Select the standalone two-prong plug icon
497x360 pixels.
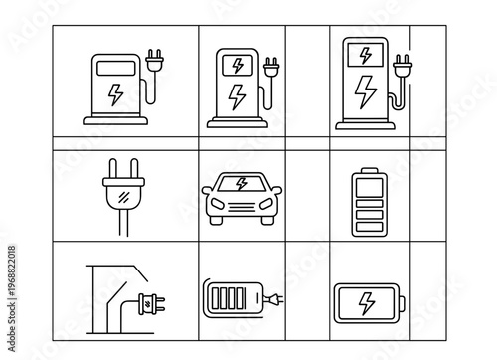pos(121,193)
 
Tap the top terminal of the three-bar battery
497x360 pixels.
pos(367,170)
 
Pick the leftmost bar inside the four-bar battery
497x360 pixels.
pos(212,298)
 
